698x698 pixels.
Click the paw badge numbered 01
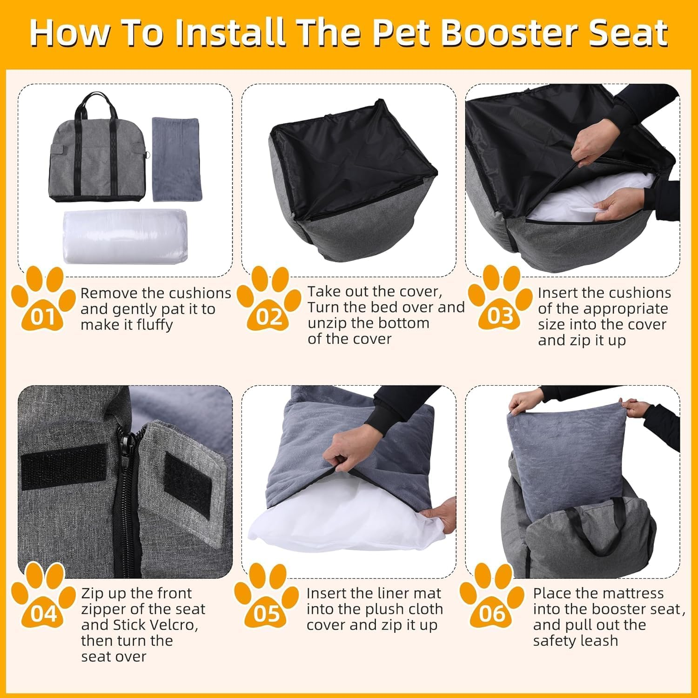point(43,302)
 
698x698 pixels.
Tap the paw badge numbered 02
point(269,302)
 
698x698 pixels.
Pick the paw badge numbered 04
point(43,600)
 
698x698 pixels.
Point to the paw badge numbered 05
point(267,600)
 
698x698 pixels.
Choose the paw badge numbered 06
point(492,600)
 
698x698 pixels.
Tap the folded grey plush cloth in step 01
point(175,158)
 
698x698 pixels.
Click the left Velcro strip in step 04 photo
point(64,465)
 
